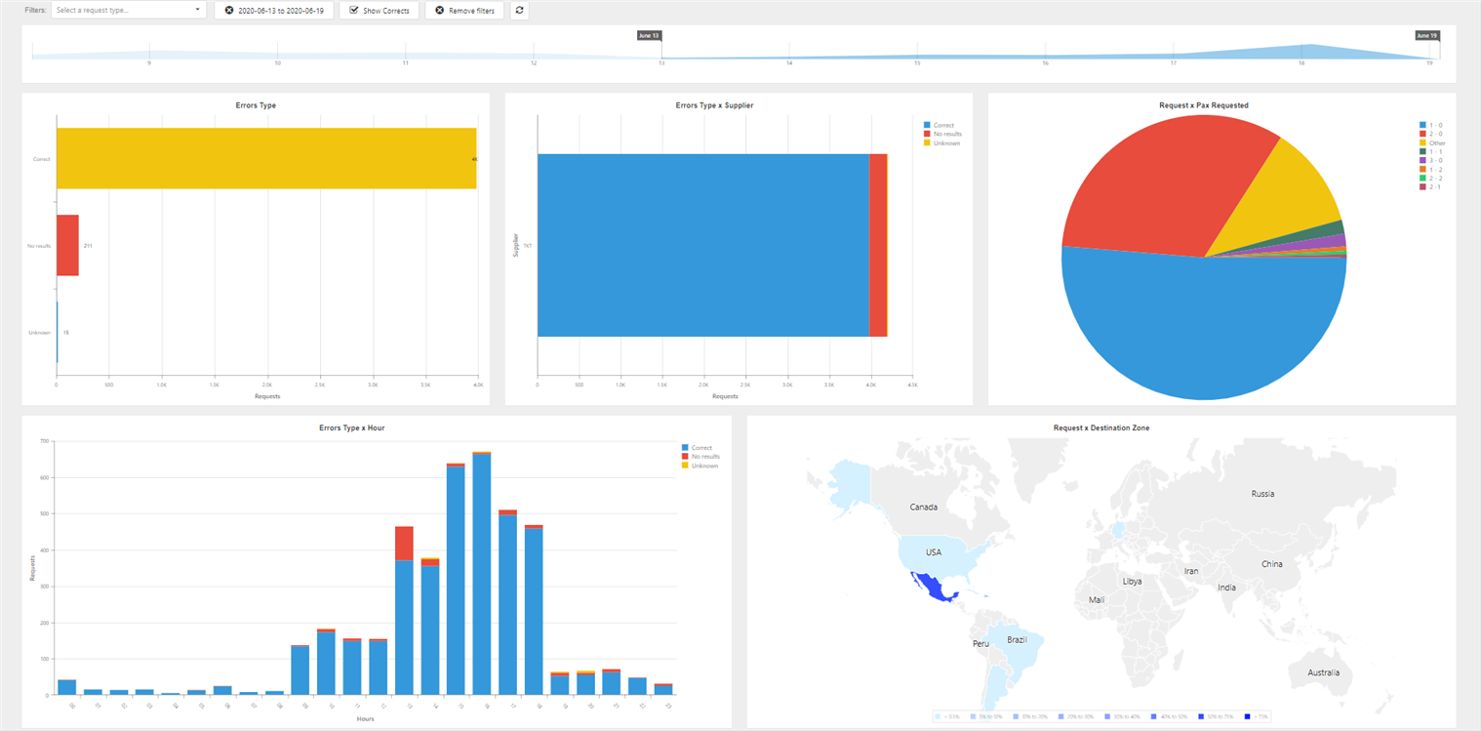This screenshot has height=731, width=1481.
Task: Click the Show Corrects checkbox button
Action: coord(380,11)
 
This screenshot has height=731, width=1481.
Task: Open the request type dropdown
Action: coord(128,11)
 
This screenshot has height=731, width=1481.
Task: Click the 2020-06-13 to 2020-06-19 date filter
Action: coord(274,11)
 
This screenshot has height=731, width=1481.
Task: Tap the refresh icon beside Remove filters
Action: coord(519,11)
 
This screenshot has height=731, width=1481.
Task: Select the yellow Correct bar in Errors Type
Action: coord(265,158)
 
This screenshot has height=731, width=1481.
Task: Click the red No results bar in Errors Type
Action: coord(67,246)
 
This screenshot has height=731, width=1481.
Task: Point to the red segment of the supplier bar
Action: coord(878,245)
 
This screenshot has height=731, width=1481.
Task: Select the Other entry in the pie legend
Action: coord(1436,143)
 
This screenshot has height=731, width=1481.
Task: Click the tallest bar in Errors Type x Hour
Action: coord(481,576)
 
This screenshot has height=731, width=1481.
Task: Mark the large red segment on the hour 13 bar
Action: coord(404,543)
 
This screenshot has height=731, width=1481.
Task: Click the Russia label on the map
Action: coord(1262,494)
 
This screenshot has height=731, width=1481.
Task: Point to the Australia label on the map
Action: coord(1324,673)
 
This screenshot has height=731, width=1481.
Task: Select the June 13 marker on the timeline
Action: coord(649,35)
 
